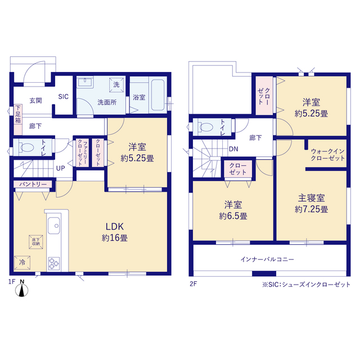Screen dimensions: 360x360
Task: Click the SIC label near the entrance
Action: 64,97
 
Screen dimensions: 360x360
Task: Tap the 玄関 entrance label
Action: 35,101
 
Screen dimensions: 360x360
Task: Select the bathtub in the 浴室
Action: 157,95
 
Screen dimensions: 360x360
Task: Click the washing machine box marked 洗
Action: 116,85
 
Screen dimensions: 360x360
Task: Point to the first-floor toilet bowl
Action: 26,147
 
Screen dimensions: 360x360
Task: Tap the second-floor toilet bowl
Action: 206,127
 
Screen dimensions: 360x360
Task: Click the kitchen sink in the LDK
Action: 54,225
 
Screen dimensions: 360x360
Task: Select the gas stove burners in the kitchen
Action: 54,263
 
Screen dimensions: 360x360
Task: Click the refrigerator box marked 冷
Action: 22,263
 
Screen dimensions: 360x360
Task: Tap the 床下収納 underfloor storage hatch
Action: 36,242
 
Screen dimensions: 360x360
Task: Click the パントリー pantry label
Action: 33,184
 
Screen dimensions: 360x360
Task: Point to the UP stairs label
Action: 60,168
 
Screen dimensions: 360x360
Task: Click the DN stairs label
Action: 233,149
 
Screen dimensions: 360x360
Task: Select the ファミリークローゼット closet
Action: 83,152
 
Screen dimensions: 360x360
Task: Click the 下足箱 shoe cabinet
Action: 18,120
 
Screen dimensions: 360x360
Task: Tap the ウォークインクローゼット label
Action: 327,155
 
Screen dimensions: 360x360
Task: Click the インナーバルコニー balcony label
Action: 267,259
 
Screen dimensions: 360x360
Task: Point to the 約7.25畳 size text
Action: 311,209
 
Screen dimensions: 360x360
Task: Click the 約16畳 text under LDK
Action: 115,238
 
